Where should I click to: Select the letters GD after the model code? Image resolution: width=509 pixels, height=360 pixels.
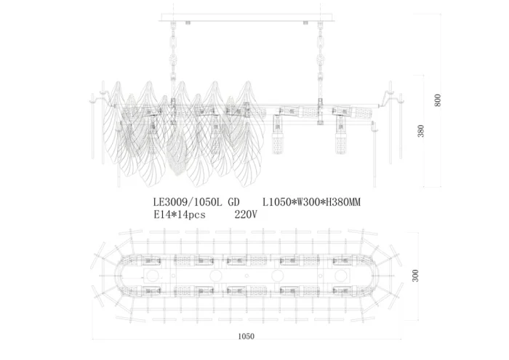[233, 204]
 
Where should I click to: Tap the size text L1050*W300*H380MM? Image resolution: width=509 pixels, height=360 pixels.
[311, 204]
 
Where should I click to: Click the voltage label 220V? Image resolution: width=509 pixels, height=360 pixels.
[247, 215]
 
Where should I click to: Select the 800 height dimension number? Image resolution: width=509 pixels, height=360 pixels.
[438, 100]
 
